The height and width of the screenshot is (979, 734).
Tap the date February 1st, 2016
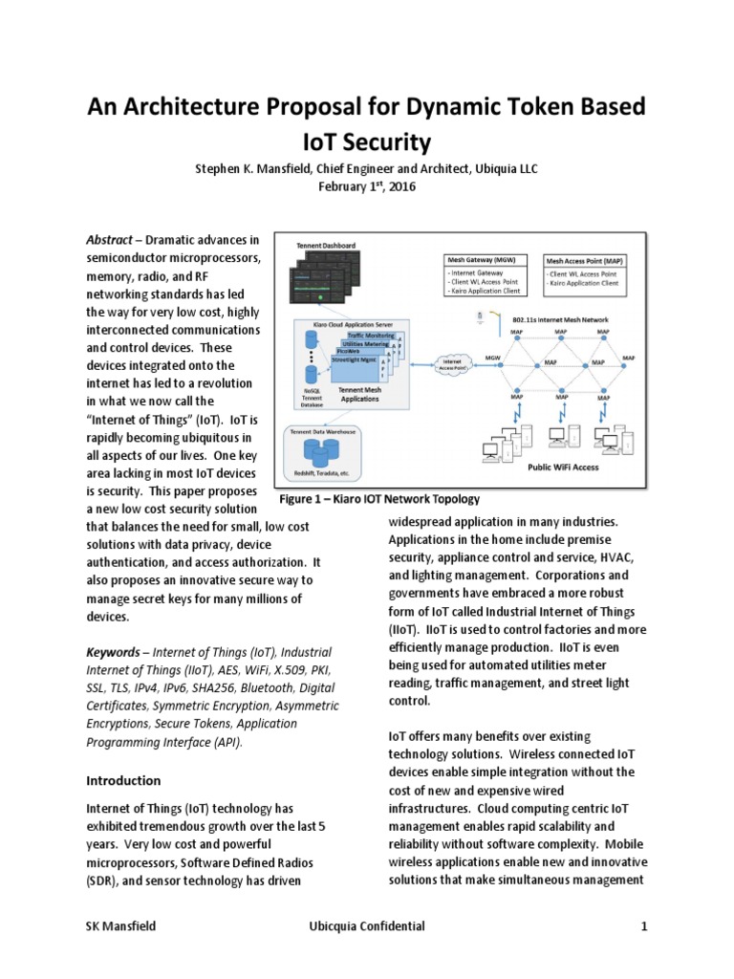coord(366,186)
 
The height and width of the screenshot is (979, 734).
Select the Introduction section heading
coord(123,780)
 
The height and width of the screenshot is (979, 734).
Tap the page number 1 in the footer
coord(645,926)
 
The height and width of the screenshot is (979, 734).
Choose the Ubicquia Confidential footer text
coord(367,926)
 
